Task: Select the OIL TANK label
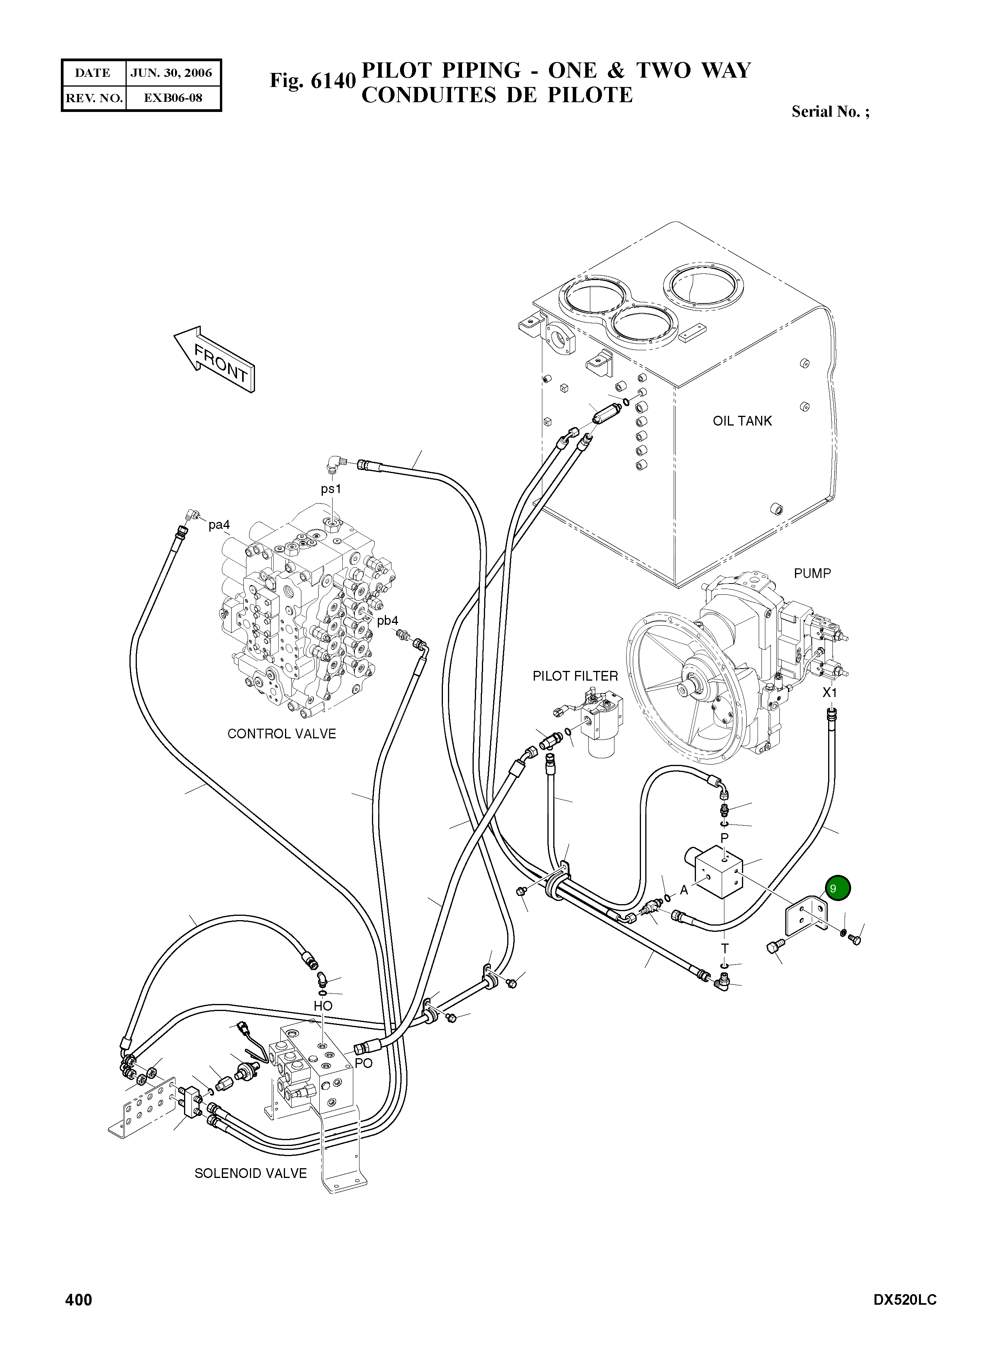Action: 742,421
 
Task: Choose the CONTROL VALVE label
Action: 281,734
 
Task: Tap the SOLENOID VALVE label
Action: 251,1174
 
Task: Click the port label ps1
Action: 331,489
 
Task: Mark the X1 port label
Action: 830,693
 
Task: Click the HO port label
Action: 323,1006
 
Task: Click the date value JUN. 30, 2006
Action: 172,73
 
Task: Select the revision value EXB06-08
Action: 173,98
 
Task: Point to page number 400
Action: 79,1300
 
